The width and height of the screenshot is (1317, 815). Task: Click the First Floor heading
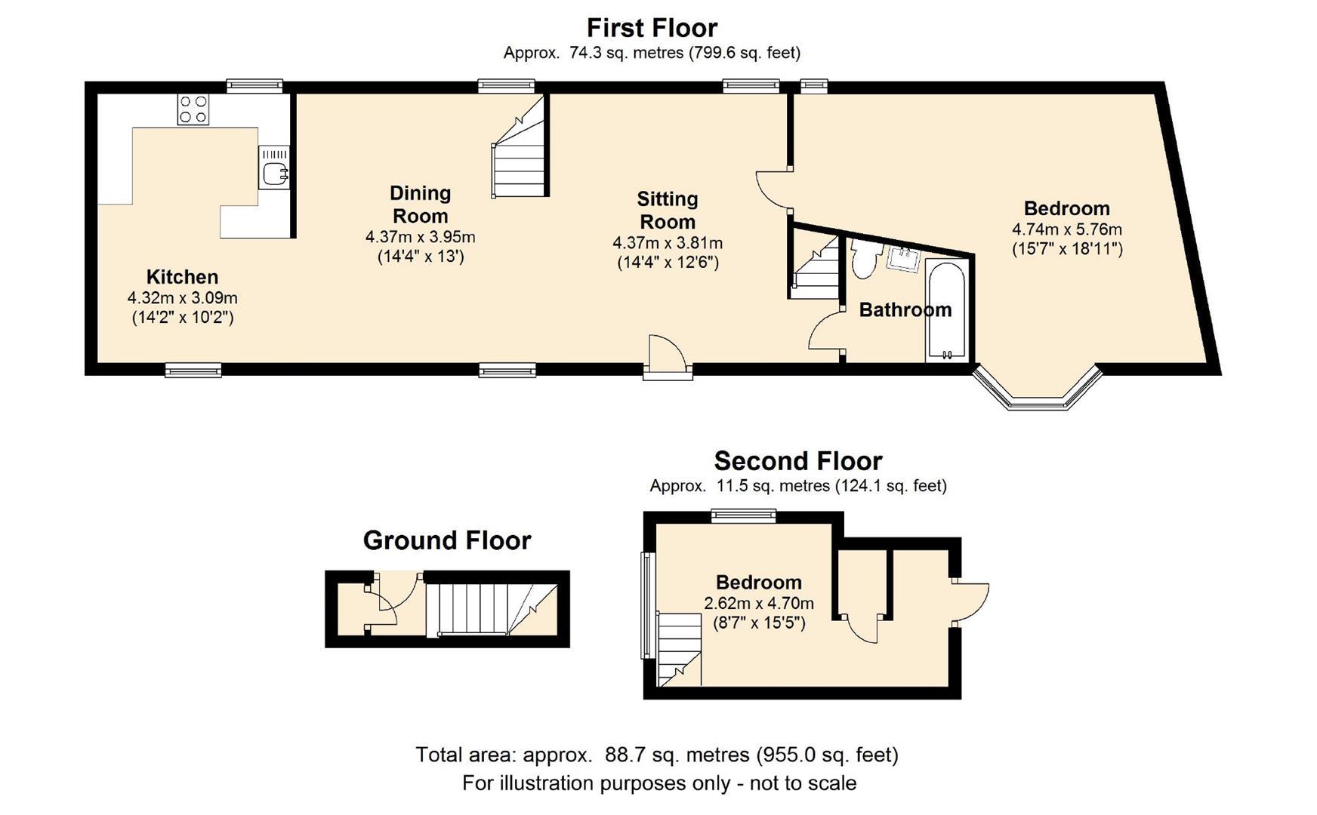[x=652, y=28]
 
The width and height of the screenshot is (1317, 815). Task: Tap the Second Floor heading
[x=798, y=461]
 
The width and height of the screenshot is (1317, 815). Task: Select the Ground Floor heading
[x=447, y=540]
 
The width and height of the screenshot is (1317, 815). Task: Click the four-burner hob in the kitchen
[x=193, y=109]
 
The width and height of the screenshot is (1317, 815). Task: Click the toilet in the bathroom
[x=864, y=258]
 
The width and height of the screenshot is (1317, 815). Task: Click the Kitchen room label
[x=182, y=277]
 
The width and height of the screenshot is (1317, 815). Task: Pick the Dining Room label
[x=421, y=205]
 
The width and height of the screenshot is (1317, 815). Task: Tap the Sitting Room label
[x=668, y=211]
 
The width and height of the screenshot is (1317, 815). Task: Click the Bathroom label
[x=905, y=309]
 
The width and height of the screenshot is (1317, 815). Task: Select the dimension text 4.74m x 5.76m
[x=1067, y=229]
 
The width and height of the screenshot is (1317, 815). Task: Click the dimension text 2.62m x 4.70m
[x=759, y=603]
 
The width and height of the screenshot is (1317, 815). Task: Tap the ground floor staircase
[x=492, y=609]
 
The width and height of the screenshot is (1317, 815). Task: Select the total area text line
[x=657, y=755]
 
